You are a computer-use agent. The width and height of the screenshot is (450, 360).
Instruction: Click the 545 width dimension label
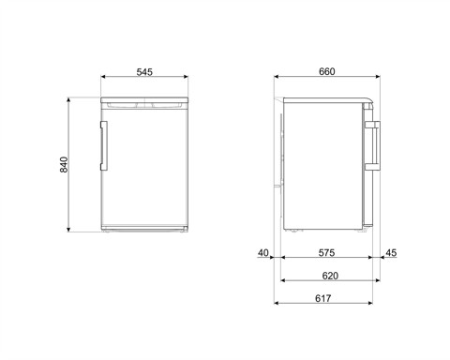(144, 72)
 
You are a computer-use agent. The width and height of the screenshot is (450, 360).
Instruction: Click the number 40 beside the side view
(263, 252)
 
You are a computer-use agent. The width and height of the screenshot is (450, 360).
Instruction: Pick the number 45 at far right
(391, 252)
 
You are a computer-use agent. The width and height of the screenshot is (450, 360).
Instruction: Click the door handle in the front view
(105, 142)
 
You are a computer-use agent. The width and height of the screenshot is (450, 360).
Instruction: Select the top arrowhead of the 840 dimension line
(73, 98)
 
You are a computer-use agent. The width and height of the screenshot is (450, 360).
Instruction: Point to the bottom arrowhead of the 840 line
(73, 231)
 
